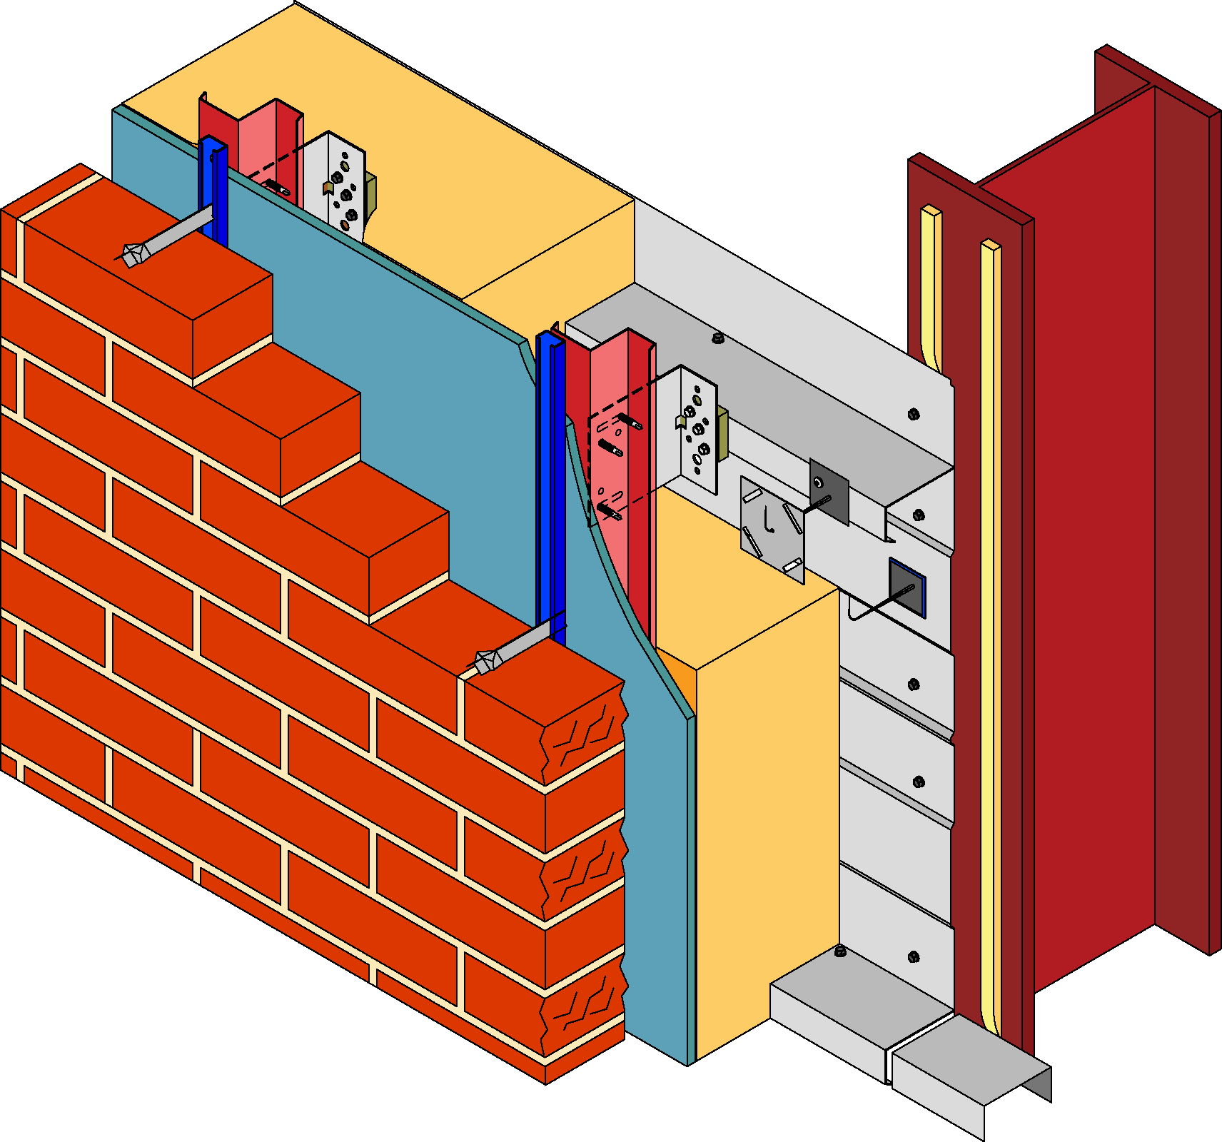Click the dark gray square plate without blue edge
(x=829, y=491)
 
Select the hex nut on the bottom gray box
(x=840, y=951)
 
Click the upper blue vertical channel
(x=213, y=189)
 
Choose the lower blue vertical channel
(x=550, y=485)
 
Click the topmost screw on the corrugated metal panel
(x=913, y=414)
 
